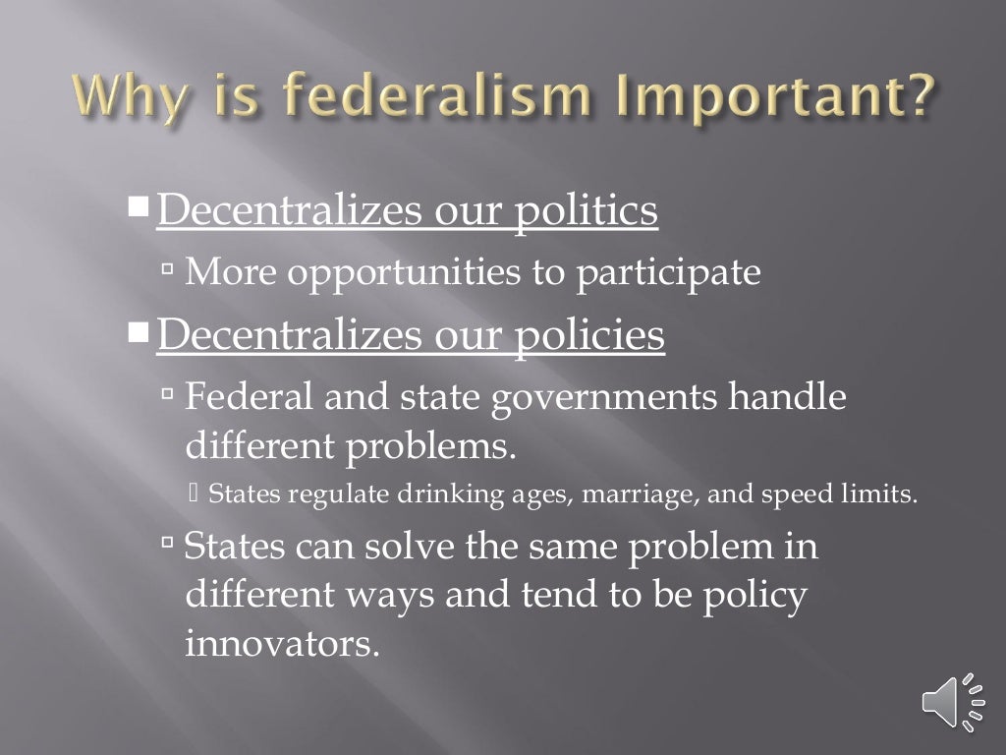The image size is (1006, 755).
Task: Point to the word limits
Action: point(883,494)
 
